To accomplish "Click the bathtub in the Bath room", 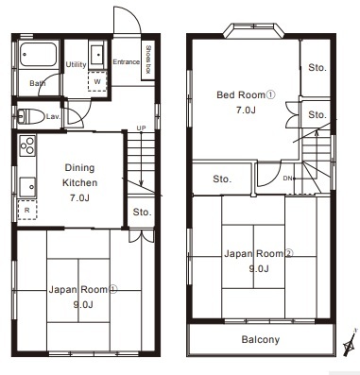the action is coord(39,54).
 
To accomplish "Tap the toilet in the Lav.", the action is coord(30,116).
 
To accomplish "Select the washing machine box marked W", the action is coord(97,81).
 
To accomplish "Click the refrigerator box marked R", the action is coord(27,210).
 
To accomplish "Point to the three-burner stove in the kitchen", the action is coord(27,145).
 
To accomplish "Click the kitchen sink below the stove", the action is coord(27,187).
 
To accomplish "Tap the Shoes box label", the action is coord(148,60).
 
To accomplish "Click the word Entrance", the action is coord(127,62).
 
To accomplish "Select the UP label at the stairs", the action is coord(141,128).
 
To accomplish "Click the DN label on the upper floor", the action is coord(287,179).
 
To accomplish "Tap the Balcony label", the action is coord(261,339).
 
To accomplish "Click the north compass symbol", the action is coord(350,343).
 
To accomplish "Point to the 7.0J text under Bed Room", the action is coord(246,111).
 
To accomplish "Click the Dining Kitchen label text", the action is coord(79,175).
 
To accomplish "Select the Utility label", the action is coord(76,64).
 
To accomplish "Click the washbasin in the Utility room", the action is coord(98,55).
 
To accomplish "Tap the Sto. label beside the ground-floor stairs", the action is coord(142,212).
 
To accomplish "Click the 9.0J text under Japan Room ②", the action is coord(259,268).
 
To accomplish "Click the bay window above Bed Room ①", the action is coord(254,30).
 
